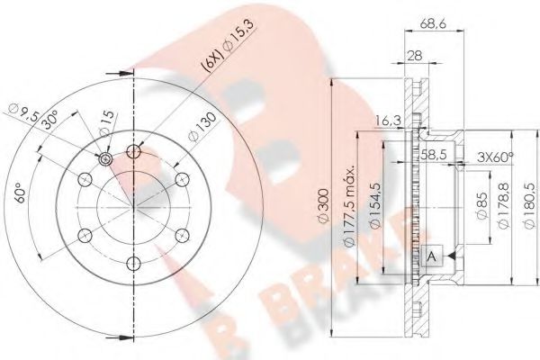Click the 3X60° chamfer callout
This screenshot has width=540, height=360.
pyautogui.click(x=494, y=157)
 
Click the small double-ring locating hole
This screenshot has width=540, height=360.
pyautogui.click(x=105, y=158)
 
